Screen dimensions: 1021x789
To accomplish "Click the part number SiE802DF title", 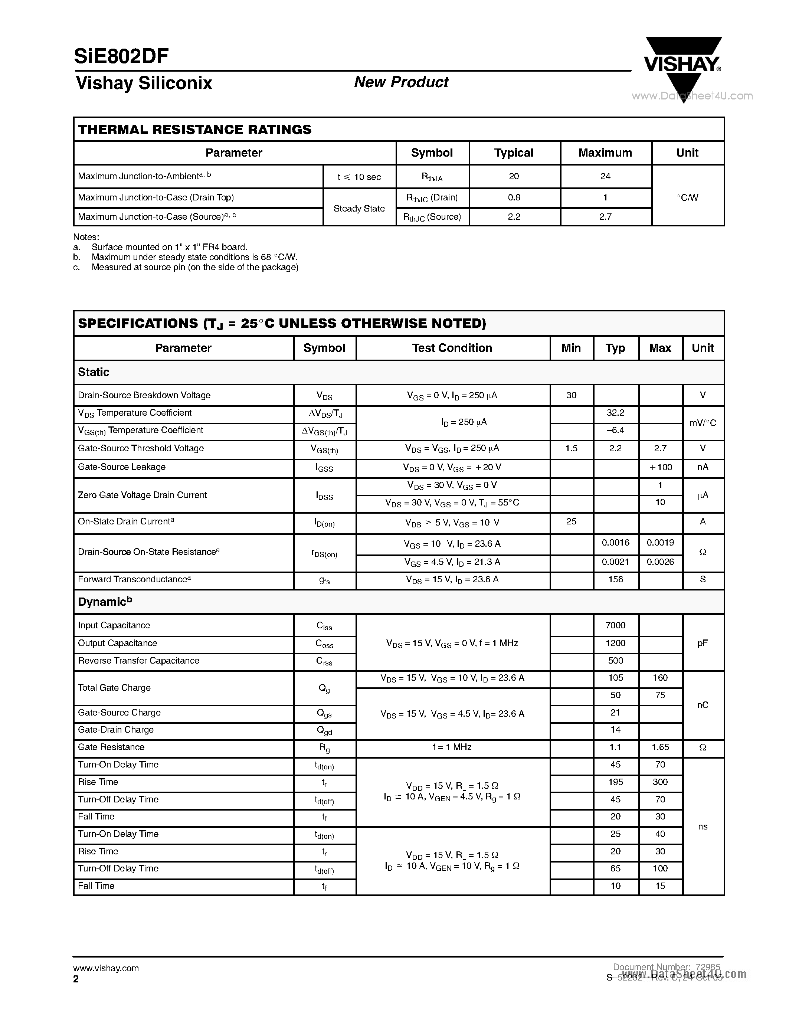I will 121,56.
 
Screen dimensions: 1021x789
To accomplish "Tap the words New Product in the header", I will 401,82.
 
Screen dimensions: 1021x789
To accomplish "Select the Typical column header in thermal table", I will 514,153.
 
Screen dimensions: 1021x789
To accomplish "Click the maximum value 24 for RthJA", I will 605,176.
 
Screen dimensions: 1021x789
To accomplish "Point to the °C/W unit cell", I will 687,197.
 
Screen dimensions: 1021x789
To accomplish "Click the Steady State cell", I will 359,209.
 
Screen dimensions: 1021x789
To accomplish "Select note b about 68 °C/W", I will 194,257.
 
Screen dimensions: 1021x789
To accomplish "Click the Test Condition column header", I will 452,348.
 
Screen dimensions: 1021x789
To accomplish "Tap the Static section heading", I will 94,372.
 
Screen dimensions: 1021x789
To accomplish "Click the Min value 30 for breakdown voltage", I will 571,395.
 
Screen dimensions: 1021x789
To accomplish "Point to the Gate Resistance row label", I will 111,747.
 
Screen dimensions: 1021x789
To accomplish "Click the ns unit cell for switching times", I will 703,827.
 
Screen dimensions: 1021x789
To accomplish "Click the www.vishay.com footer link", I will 106,968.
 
